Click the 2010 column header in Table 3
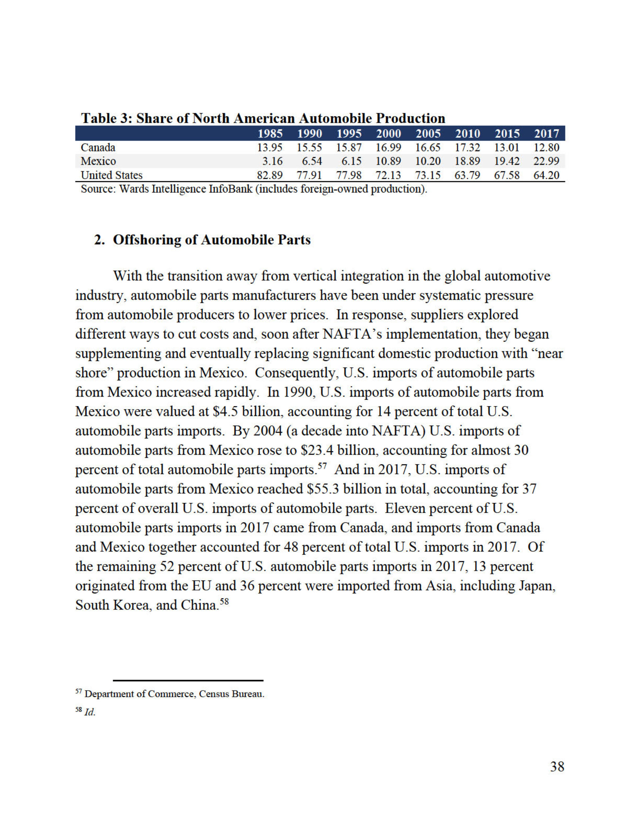467,134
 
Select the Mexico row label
98,161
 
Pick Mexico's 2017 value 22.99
546,161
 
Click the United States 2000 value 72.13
388,175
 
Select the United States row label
112,175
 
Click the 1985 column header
270,134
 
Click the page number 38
557,767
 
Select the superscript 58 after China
225,601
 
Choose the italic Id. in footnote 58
90,713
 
